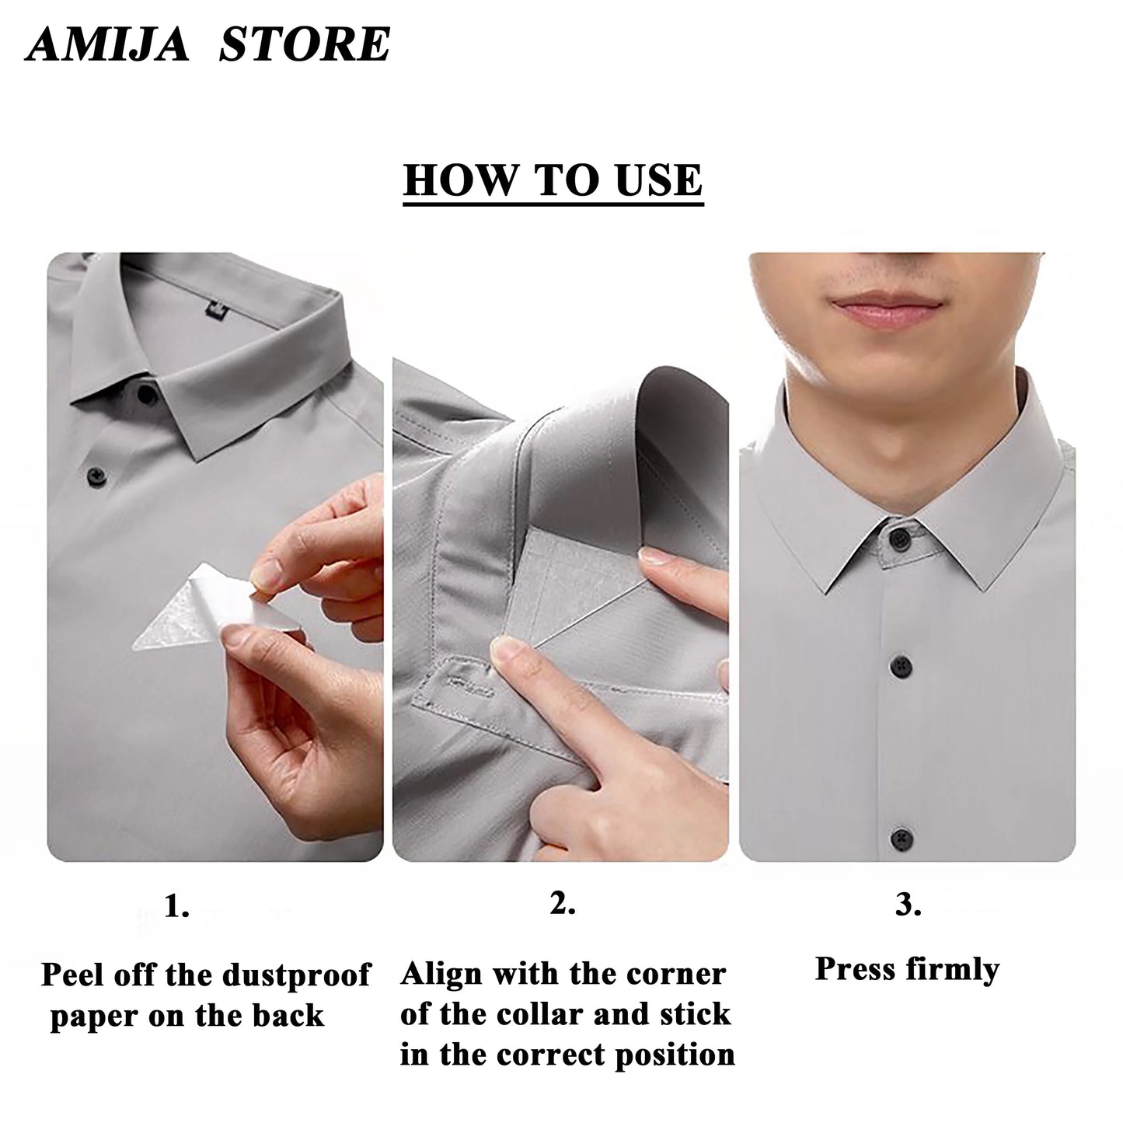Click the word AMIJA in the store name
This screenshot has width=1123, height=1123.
coord(106,44)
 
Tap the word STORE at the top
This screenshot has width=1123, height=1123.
coord(304,44)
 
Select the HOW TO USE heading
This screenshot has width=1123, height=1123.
coord(553,180)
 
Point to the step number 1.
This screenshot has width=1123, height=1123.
coord(176,906)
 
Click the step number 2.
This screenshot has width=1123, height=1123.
coord(562,903)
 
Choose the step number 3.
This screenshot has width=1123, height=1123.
coord(908,905)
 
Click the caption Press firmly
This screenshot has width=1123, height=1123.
coord(906,969)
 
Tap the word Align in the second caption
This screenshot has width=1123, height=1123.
coord(441,974)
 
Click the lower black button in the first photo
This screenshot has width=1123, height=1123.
coord(96,473)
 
